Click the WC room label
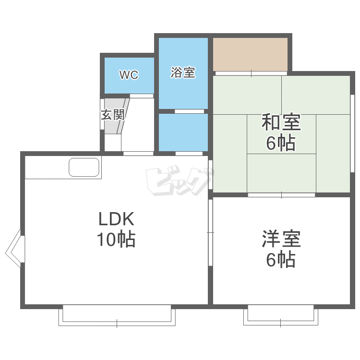(x=129, y=75)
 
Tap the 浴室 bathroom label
(x=183, y=73)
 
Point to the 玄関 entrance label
(x=113, y=115)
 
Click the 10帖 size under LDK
(x=116, y=239)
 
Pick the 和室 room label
(x=281, y=123)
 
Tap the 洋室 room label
(x=281, y=240)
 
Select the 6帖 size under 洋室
(x=281, y=260)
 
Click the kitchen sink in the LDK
(x=84, y=168)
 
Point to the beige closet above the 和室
(x=250, y=54)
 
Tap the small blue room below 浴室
(x=183, y=132)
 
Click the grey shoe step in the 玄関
(x=116, y=116)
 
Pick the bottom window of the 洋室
(x=281, y=315)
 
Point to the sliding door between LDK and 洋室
(x=210, y=232)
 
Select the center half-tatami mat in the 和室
(x=282, y=134)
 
